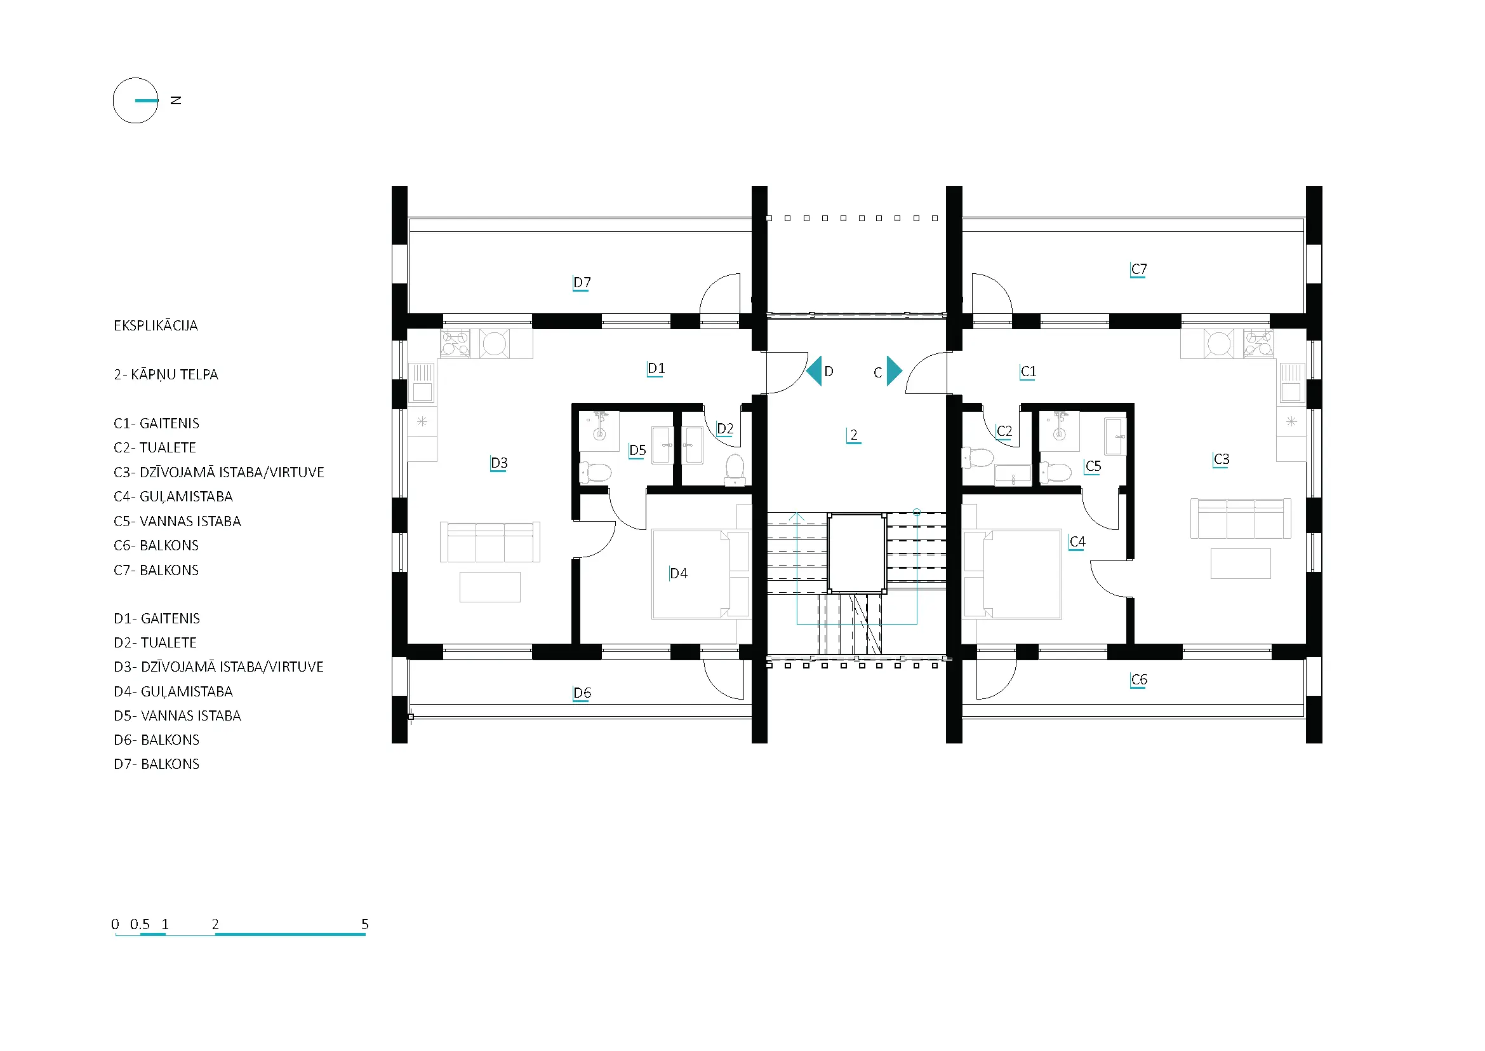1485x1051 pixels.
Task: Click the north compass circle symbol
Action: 114,101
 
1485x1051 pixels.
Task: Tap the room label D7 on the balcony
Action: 582,283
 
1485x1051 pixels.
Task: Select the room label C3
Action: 1220,459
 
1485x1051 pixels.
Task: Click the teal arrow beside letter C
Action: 895,371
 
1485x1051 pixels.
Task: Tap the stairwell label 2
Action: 854,435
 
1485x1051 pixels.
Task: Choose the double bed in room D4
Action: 701,574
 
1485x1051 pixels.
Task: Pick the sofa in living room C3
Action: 1241,519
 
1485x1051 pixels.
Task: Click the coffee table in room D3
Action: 489,587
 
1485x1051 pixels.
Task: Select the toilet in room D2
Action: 735,470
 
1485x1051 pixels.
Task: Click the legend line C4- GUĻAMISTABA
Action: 173,497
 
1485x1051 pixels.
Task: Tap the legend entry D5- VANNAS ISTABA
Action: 177,715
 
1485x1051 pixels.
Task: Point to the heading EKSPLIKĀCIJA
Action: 156,325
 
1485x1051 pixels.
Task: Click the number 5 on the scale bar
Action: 365,924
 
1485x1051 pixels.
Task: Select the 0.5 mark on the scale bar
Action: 140,924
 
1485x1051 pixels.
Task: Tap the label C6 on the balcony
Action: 1138,680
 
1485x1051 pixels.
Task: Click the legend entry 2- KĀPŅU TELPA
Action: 166,375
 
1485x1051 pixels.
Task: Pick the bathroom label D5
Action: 637,451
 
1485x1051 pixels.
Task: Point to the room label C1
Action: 1028,372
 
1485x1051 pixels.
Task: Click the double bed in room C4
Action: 1012,574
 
